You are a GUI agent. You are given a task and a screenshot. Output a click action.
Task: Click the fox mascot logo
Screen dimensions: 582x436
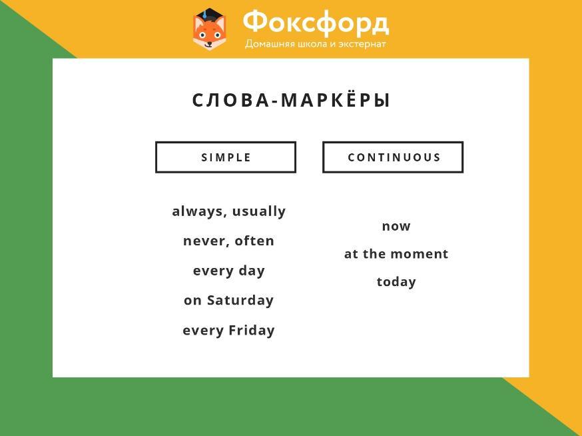209,29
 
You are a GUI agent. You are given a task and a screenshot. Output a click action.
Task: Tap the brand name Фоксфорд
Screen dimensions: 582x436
316,23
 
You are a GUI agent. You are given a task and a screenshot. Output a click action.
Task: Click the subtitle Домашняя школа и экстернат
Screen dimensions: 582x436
316,44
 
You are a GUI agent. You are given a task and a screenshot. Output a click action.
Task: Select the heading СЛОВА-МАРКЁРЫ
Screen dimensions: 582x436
291,101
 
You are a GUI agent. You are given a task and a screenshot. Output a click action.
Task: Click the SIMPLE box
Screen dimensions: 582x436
226,157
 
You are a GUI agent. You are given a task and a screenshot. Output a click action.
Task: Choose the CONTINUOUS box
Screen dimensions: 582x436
393,157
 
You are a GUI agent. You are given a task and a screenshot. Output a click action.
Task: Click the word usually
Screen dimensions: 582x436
259,211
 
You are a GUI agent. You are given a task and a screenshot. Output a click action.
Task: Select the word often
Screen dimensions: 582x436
254,241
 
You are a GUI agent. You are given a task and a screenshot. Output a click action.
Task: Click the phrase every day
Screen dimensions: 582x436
229,271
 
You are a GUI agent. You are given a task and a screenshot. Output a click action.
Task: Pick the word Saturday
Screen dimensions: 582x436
240,300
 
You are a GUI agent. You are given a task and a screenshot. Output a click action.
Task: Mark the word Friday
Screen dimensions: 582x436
252,330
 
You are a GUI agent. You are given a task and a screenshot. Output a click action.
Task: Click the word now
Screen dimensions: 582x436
396,226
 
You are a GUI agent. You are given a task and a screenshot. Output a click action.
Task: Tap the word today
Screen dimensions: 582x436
396,282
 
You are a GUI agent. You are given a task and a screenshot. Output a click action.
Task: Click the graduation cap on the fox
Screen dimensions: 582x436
209,15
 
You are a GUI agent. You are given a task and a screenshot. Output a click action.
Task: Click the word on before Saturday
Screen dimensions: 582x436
192,301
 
